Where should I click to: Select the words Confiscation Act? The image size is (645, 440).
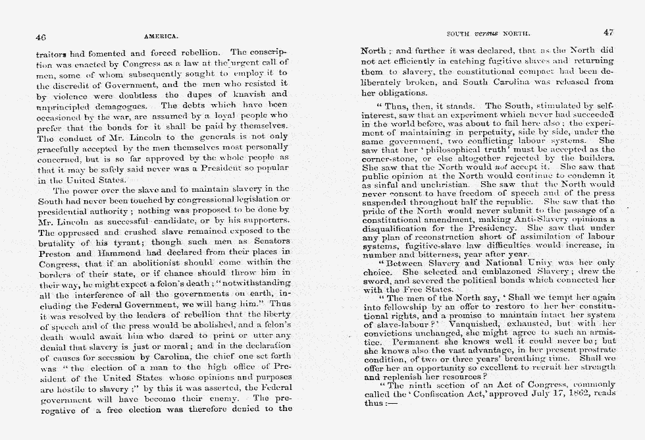439,395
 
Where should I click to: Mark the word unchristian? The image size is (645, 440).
439,185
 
